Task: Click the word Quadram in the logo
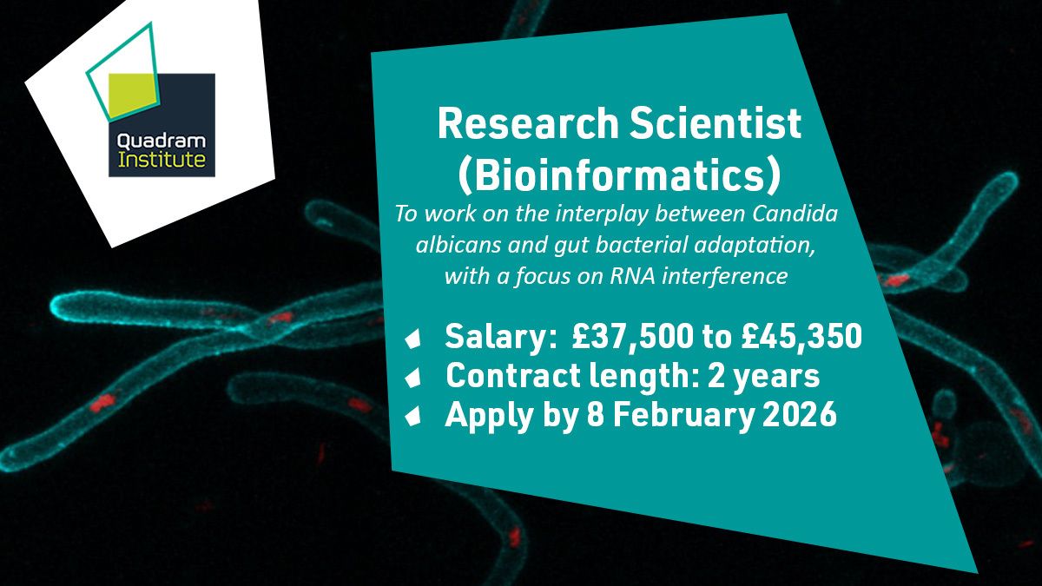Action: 162,142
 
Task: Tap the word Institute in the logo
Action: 162,160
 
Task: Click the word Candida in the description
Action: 795,214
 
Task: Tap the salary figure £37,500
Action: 633,336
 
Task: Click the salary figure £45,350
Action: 801,336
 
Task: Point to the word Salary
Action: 499,337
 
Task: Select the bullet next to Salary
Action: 413,339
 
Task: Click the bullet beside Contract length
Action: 413,377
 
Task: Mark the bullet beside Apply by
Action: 413,415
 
